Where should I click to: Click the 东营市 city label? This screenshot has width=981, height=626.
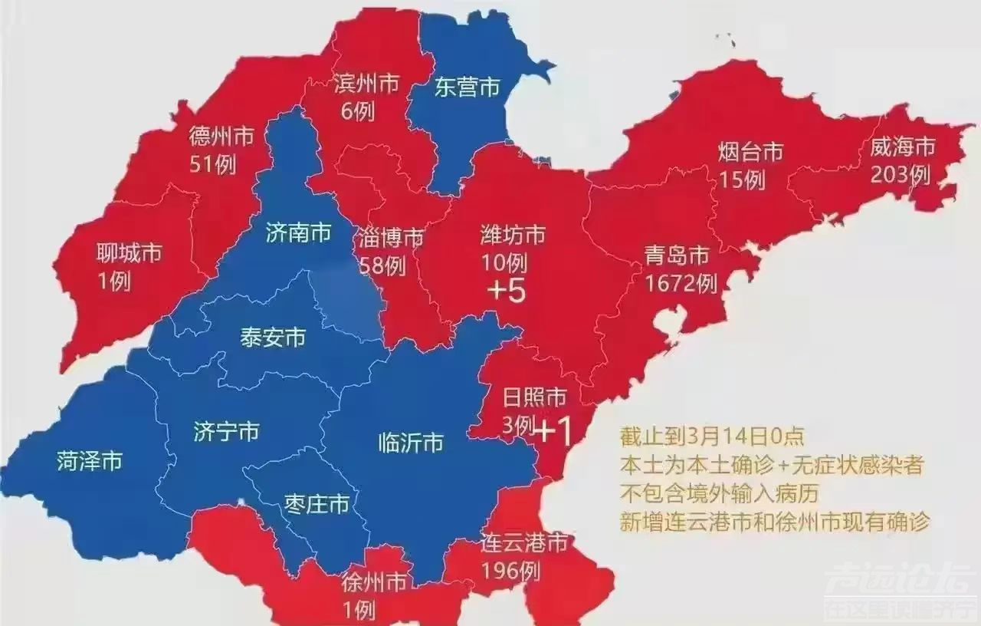(x=467, y=87)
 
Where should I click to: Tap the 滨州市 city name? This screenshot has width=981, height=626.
(x=366, y=84)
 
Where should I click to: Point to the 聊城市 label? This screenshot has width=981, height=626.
(x=129, y=252)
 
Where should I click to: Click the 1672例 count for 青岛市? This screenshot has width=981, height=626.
(x=681, y=283)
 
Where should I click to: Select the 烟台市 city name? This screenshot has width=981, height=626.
(x=751, y=153)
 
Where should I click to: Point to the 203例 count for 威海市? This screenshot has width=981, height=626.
(x=900, y=175)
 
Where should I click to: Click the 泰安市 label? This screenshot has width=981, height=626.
(x=273, y=338)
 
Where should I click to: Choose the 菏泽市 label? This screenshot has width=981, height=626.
(x=89, y=461)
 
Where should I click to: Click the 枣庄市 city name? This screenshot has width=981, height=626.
(x=316, y=504)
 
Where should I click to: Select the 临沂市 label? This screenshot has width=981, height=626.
(x=411, y=443)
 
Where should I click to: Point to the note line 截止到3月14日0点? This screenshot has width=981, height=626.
(x=712, y=437)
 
